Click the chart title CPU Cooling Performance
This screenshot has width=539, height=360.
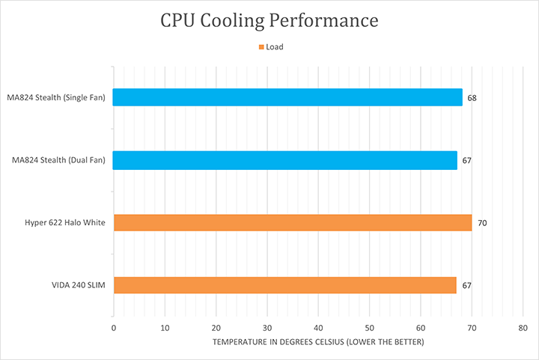(269, 20)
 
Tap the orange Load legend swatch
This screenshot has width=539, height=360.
(261, 47)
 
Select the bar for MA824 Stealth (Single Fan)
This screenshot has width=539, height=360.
(287, 97)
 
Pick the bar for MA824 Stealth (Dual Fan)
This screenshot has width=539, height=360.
(284, 160)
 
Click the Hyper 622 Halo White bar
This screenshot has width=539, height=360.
(292, 222)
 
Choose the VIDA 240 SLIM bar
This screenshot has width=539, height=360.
(284, 285)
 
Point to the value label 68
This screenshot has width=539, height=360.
(472, 98)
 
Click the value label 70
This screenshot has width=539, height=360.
(482, 223)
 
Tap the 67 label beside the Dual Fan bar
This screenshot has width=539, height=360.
(467, 161)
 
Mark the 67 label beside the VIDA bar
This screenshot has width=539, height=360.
(467, 286)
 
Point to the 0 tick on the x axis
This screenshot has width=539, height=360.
(113, 328)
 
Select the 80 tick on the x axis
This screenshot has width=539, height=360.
(523, 328)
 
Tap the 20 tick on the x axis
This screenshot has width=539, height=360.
(216, 328)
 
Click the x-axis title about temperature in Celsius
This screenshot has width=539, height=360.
(317, 342)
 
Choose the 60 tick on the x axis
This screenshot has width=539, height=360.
(421, 328)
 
